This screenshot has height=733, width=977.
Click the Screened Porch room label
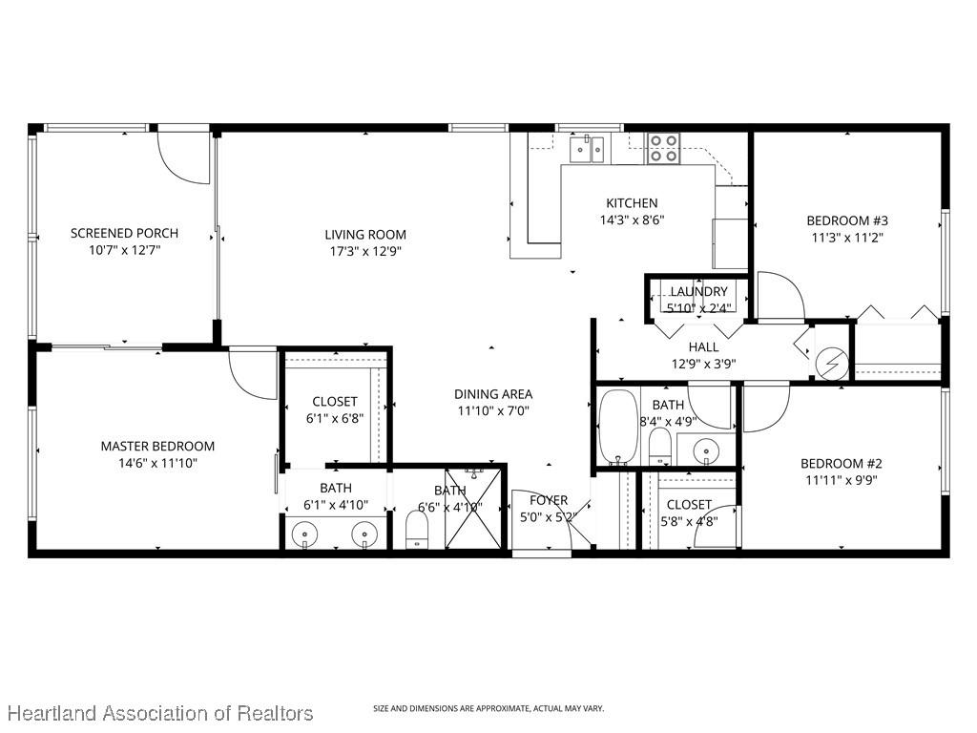click(x=124, y=233)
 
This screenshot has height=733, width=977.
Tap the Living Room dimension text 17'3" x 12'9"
click(x=364, y=253)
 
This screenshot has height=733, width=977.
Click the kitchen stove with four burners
click(x=663, y=148)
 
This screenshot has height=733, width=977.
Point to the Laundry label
click(x=698, y=291)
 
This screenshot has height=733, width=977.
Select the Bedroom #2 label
click(x=839, y=464)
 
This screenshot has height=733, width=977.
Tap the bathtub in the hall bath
click(x=617, y=426)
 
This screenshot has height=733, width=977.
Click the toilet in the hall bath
click(x=659, y=446)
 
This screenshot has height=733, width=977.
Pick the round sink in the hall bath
click(x=706, y=448)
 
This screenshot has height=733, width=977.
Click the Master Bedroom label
click(x=157, y=446)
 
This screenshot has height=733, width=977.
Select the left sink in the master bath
click(x=305, y=534)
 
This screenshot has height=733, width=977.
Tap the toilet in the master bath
click(x=418, y=532)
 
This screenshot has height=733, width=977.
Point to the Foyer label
click(x=549, y=500)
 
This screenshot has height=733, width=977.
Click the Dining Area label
click(x=492, y=393)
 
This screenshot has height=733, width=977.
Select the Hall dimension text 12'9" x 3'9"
click(x=704, y=363)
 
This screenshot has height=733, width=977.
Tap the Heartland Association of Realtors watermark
click(x=158, y=713)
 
